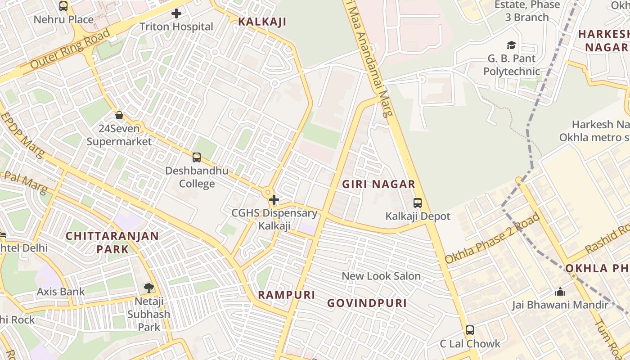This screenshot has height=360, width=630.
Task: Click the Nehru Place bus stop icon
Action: click(63, 6)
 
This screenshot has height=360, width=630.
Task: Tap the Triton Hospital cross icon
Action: click(176, 13)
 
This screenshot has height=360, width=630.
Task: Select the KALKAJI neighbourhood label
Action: click(262, 22)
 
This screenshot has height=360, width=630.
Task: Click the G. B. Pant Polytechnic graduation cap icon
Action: click(511, 45)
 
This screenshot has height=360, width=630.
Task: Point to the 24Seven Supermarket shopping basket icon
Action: click(119, 115)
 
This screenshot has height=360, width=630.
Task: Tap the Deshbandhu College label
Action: click(197, 177)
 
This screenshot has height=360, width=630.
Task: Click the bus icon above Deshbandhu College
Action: click(197, 157)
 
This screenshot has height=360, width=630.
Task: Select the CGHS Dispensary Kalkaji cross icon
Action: click(274, 200)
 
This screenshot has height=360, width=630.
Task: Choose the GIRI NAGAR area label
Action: click(378, 184)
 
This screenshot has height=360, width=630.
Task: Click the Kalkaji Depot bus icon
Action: click(418, 203)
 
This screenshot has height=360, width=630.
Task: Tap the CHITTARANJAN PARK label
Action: click(112, 242)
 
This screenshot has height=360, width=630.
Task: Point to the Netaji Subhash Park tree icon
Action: click(148, 288)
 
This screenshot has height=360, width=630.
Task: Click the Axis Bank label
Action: click(61, 292)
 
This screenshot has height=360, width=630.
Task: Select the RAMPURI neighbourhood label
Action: click(287, 295)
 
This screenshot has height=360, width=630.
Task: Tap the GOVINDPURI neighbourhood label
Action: click(367, 303)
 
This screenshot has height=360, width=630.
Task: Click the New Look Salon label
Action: click(381, 276)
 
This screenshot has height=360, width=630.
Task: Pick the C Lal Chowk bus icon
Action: click(470, 330)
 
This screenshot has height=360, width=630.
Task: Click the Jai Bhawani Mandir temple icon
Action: click(560, 292)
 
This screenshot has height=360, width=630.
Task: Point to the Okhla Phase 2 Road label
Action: click(492, 238)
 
